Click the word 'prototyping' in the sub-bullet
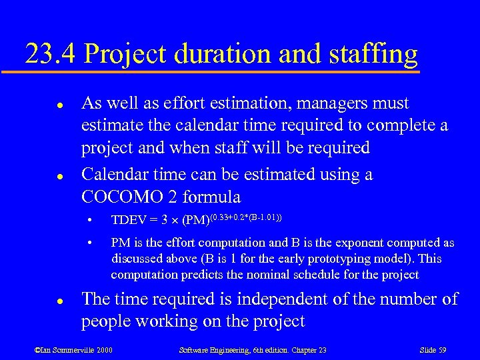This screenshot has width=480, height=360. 354,259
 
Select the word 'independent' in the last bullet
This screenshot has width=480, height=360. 299,299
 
